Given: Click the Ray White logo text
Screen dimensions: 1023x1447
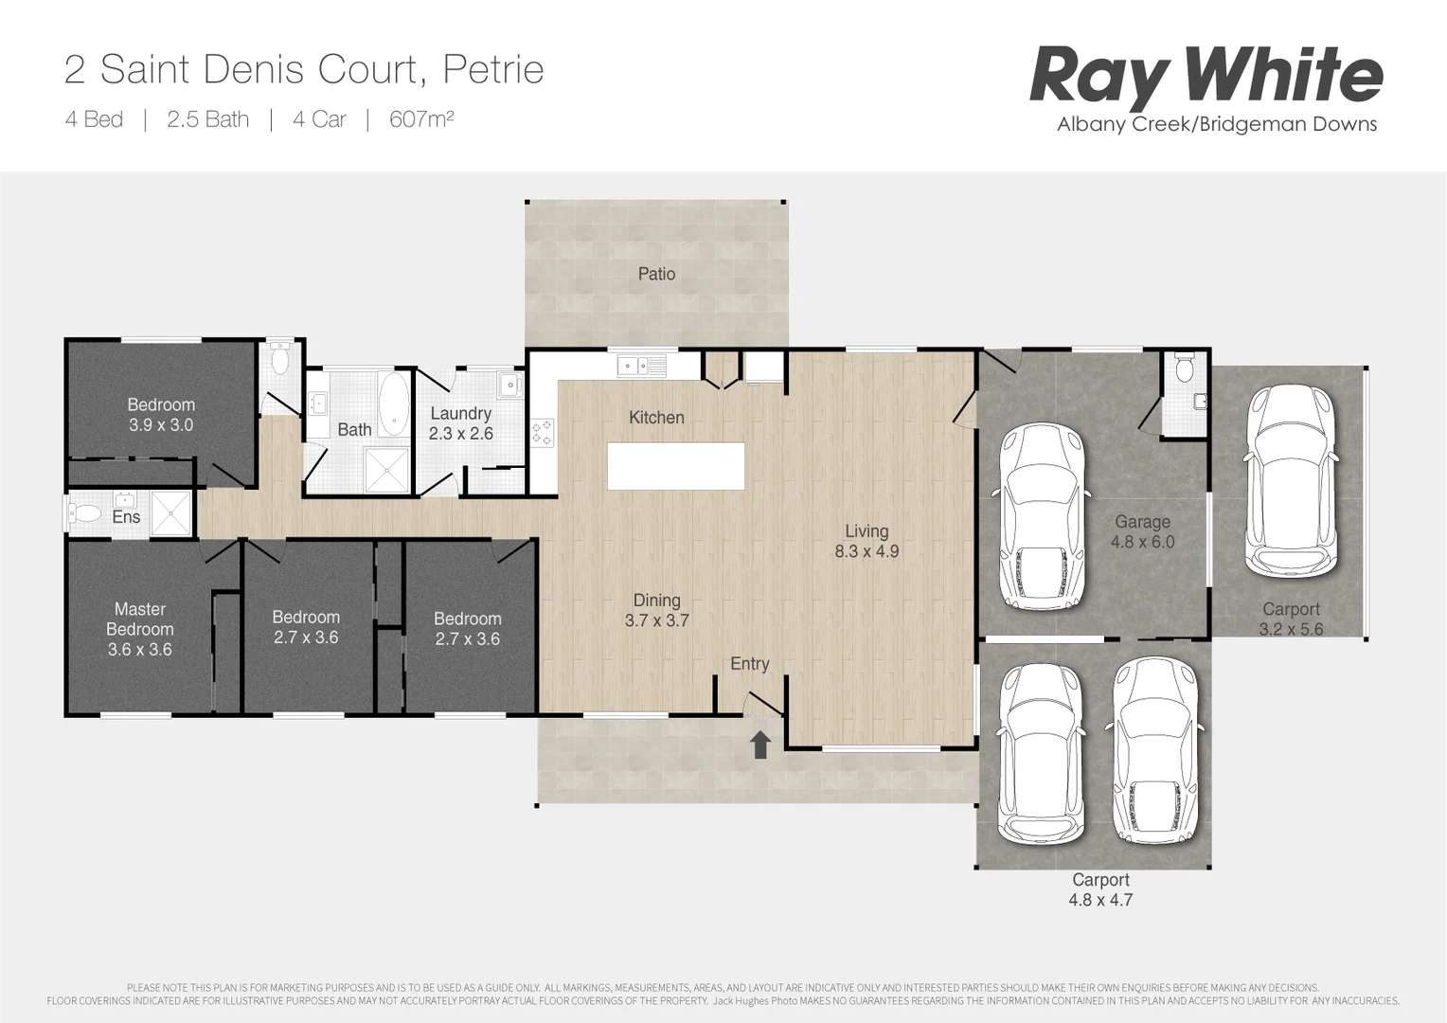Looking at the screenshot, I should coord(1206,76).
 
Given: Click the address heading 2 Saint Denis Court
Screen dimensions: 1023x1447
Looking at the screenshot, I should coord(303,69).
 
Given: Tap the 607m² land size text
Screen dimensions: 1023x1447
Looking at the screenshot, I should coord(421,119).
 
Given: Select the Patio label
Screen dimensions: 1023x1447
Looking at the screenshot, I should coord(656,274).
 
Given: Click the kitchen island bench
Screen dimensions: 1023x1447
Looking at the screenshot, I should coord(675,466).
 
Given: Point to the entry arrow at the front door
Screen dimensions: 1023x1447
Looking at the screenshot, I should coord(759,745).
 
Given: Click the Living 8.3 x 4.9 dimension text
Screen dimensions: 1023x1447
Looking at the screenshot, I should coord(866,542).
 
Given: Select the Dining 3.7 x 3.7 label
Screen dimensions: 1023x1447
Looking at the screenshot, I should coord(656,610).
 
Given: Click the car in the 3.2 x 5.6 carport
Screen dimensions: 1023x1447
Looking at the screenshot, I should coord(1290,480).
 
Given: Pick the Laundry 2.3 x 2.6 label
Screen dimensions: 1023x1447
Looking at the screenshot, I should coord(460,423).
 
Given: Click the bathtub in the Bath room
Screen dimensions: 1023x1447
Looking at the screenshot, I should coord(394,403).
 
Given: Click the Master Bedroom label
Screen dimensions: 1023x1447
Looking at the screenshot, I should coord(139,629).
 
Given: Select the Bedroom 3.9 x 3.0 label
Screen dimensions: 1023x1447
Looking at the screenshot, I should coord(161,415).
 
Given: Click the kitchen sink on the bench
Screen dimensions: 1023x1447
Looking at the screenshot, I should coord(642,365).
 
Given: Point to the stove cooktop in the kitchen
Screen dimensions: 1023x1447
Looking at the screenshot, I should coord(542,433).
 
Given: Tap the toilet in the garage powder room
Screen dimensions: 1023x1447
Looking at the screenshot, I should coord(1184,368).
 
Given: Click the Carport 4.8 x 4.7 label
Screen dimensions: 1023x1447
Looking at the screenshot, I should coord(1100,889).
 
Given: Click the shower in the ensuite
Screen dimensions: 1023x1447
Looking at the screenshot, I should coord(170,512).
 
